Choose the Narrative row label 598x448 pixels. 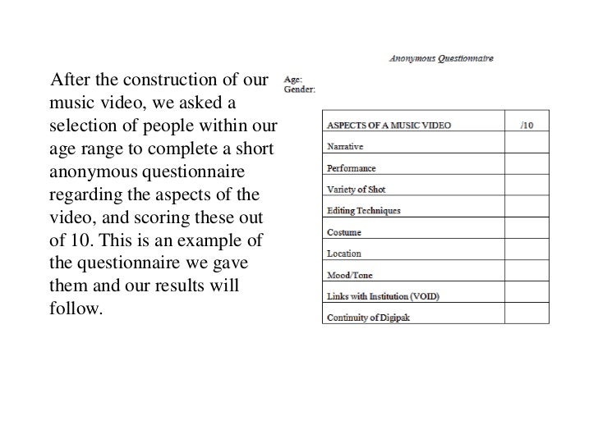coord(345,147)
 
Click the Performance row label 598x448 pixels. coord(351,168)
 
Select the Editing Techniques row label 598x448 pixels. coord(364,211)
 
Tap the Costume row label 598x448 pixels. coord(344,233)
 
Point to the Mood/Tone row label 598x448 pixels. coord(349,276)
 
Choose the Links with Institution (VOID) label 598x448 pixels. coord(383,296)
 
